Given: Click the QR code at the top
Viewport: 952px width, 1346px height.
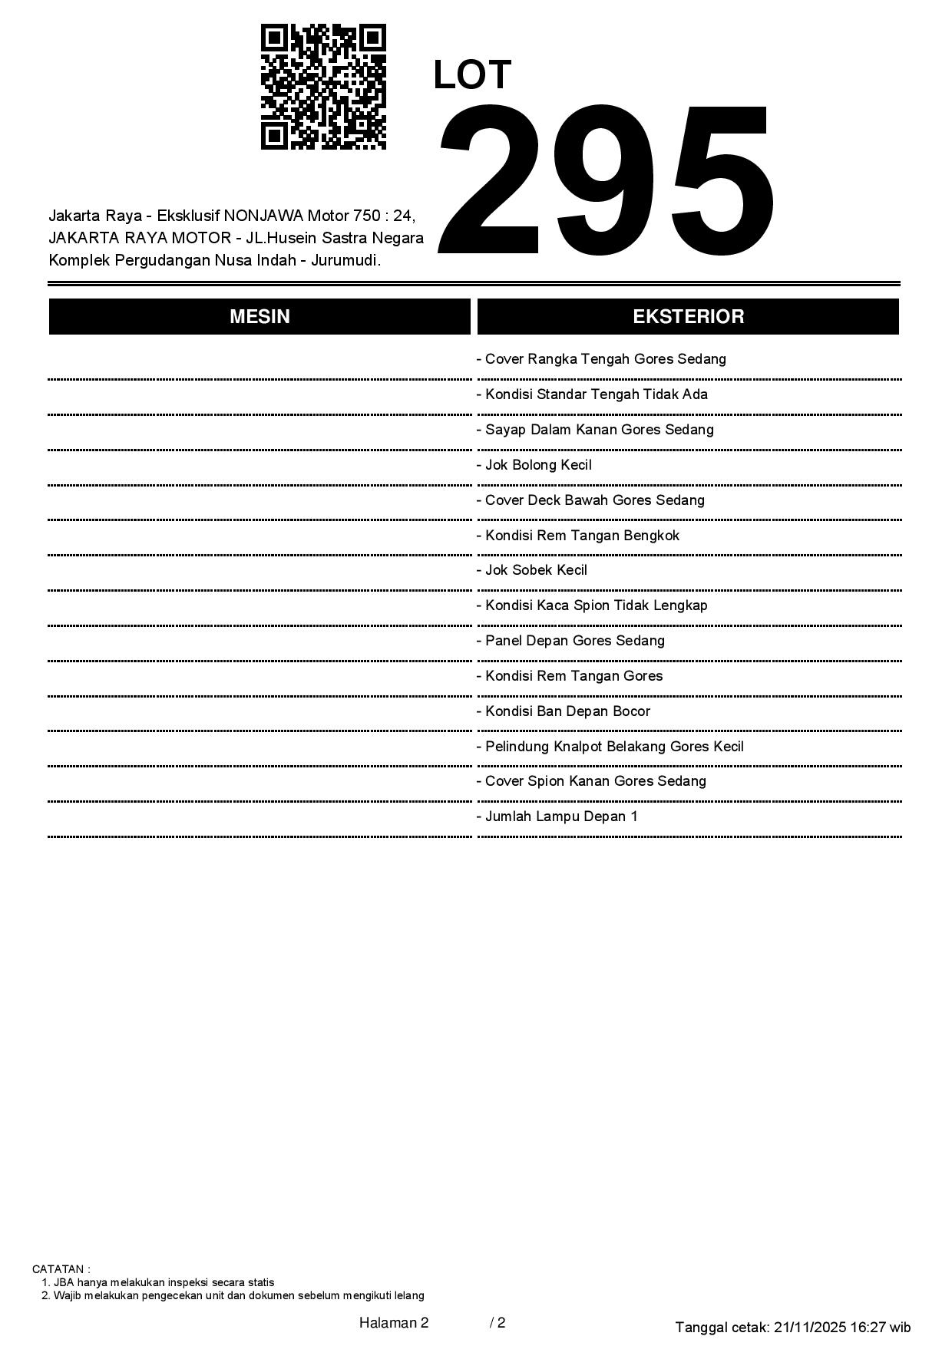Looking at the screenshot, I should (x=323, y=87).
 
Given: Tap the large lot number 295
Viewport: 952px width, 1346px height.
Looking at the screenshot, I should (x=605, y=180).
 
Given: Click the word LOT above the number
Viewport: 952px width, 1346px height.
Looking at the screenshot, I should (x=472, y=75).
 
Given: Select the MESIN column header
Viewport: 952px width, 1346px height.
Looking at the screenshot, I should (x=259, y=317).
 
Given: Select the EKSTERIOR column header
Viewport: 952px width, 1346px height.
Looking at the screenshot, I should (x=688, y=317).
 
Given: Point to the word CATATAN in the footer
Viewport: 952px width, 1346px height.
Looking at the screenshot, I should (x=61, y=1269).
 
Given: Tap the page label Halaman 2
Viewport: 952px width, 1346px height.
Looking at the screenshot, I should (x=394, y=1322).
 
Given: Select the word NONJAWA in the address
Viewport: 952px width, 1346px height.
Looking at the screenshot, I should (x=263, y=216).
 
